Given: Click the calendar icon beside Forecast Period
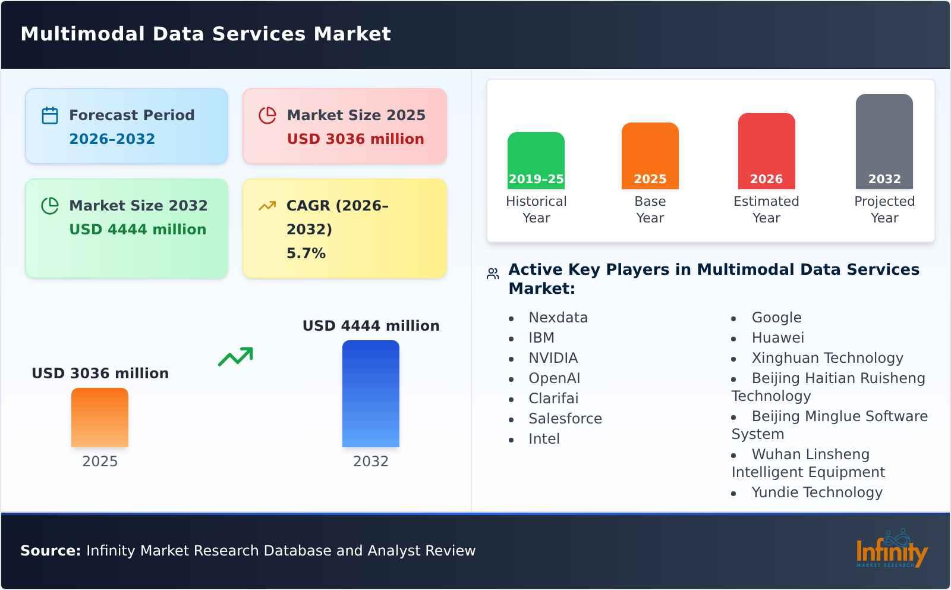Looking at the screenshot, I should (50, 115).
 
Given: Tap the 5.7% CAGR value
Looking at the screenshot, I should (306, 253).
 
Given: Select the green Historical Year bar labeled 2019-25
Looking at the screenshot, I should (536, 160).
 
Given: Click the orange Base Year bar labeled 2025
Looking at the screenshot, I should (650, 155).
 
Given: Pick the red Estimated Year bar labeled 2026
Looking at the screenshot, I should (766, 150).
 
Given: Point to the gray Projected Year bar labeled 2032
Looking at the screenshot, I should (884, 141).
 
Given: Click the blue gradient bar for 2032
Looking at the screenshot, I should (370, 393).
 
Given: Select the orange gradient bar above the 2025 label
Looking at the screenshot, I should (100, 417).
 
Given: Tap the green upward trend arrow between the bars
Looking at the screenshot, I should (236, 357).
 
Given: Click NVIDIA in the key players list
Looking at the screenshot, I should (553, 358).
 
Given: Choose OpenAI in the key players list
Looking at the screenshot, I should (554, 378).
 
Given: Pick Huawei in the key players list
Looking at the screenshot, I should (777, 338).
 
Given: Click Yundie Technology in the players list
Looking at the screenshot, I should (817, 492).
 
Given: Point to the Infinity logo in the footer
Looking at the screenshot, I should (891, 550).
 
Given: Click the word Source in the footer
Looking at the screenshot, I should (50, 551).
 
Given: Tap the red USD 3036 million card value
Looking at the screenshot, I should (355, 139).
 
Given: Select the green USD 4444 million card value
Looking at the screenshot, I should (137, 230).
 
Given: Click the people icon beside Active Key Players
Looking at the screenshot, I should (493, 274).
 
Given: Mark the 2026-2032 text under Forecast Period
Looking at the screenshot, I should (112, 139).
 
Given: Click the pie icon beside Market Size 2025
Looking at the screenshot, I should (267, 115).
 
